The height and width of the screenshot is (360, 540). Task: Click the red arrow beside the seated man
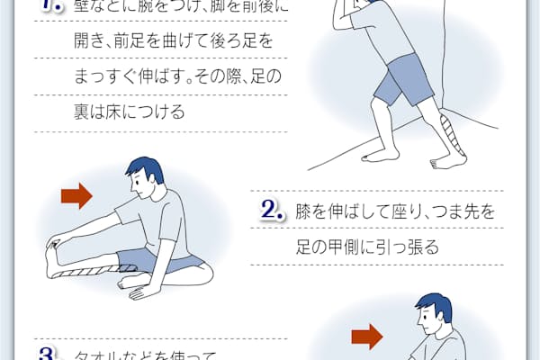(76, 194)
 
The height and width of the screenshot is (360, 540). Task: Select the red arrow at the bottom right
(365, 337)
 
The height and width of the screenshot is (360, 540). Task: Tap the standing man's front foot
(383, 155)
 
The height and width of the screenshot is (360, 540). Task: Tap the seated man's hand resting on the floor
(137, 291)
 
